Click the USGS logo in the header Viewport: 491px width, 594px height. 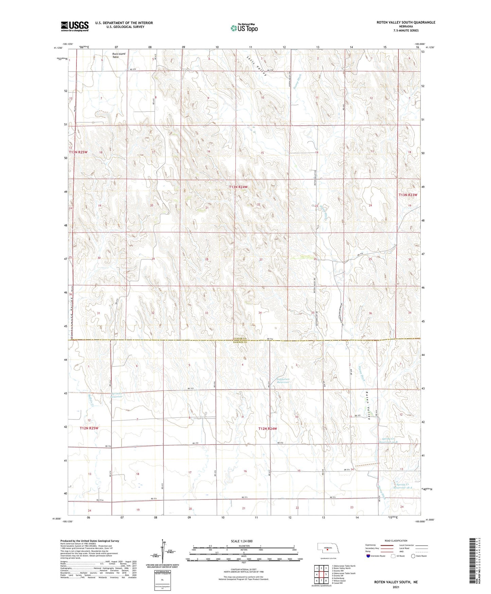[x=74, y=26]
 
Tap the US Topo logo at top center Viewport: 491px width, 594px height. [x=244, y=28]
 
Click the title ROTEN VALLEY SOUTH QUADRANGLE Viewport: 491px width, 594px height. [x=405, y=22]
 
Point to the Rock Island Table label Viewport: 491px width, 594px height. [x=119, y=55]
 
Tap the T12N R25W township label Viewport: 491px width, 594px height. [x=89, y=428]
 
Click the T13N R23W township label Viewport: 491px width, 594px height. [x=407, y=195]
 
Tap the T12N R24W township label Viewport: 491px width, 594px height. [x=268, y=429]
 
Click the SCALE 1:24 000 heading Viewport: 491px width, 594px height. [x=242, y=541]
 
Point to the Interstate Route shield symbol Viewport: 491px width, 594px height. [x=368, y=556]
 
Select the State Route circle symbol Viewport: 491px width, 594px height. [x=413, y=556]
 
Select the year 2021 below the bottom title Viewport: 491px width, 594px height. [x=396, y=587]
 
